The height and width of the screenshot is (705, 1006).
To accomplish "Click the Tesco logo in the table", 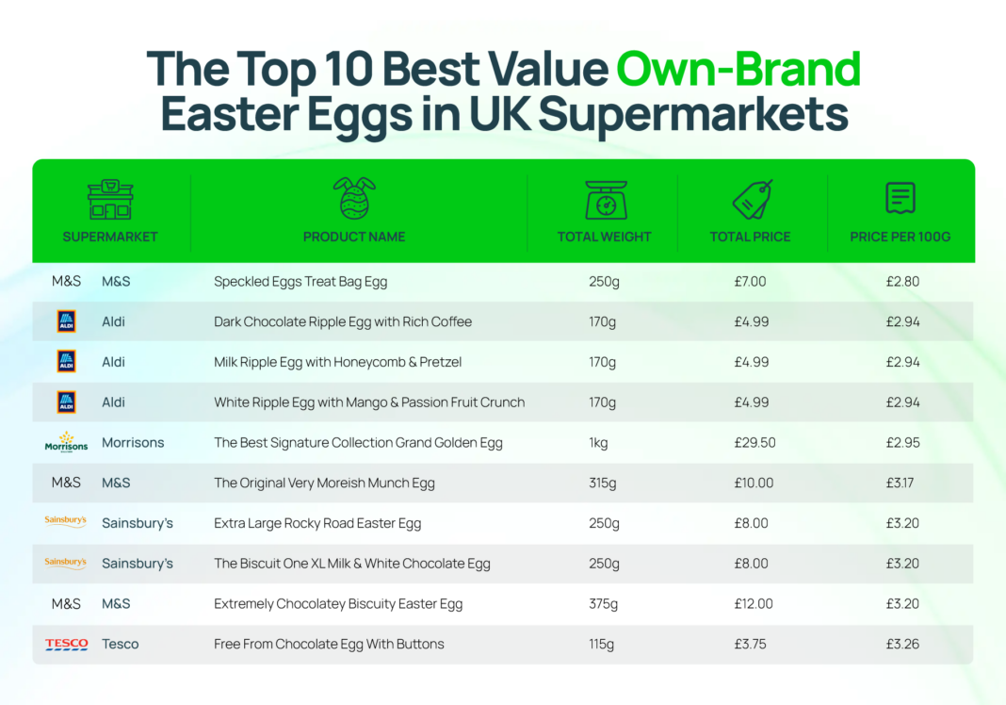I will coord(66,645).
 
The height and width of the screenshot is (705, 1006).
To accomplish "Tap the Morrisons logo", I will coord(66,442).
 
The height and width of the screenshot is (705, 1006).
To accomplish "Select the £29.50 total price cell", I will coord(754,443).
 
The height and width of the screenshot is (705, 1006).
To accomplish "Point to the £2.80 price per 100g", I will coord(901,282).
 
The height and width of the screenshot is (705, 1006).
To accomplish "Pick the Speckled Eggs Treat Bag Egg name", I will coord(300,282).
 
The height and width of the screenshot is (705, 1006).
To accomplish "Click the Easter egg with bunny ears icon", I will coord(354,198).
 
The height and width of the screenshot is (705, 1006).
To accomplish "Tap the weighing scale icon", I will coord(604,199).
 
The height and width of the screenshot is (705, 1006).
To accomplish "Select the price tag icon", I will coord(752,199).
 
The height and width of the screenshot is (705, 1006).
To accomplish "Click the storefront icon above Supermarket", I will coord(110,199).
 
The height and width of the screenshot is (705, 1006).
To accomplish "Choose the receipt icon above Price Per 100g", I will coord(900,198).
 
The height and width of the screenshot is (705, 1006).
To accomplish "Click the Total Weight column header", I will coord(604,237).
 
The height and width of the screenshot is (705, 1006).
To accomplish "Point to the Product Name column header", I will coord(354,237).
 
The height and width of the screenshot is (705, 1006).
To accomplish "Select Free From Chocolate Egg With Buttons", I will coord(329,645).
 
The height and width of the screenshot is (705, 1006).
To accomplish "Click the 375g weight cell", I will coord(604,604).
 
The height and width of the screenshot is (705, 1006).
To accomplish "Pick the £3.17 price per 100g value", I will coord(901,484).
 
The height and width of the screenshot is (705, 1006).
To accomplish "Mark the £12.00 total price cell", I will coord(754,604).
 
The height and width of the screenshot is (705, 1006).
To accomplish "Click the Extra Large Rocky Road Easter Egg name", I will coord(317,524).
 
